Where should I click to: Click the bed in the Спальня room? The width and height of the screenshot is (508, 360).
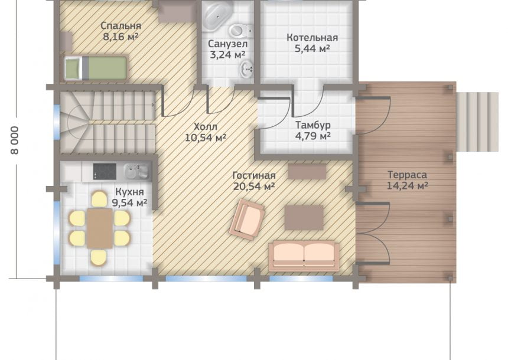[x=95, y=68]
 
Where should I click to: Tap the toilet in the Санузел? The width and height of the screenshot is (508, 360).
[x=240, y=31]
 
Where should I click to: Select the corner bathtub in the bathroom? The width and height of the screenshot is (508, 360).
[x=217, y=14]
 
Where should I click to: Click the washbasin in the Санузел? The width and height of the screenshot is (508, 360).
[x=246, y=68]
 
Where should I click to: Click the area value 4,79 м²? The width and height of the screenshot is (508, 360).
[x=312, y=136]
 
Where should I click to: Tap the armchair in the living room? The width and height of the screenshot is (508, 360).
[x=247, y=220]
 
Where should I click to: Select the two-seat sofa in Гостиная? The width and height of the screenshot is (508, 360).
[x=304, y=256]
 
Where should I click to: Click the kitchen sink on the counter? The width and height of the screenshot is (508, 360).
[x=136, y=171]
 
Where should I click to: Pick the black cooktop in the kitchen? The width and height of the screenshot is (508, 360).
[x=105, y=171]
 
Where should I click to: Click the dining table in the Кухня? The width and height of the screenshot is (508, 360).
[x=99, y=228]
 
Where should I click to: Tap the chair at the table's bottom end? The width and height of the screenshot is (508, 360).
[x=99, y=258]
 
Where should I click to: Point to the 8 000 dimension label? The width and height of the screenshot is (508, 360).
[x=15, y=140]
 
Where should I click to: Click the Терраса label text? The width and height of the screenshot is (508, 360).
[x=407, y=175]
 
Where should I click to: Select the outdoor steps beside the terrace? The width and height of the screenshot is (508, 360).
[x=477, y=122]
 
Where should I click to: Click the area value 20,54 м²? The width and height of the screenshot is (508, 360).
[x=255, y=186]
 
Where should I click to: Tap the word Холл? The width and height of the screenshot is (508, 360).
[x=206, y=126]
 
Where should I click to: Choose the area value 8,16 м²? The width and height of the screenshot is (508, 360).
[x=121, y=37]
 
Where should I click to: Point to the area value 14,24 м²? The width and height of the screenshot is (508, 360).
[x=408, y=186]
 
